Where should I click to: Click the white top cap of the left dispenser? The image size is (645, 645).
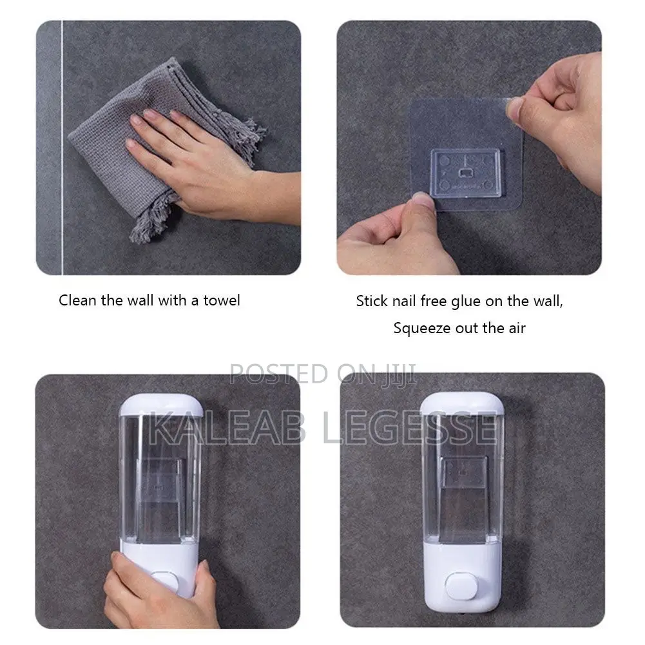tap(161, 405)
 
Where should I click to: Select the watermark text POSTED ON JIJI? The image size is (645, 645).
tap(322, 374)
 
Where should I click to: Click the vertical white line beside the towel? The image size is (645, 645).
tap(62, 148)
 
